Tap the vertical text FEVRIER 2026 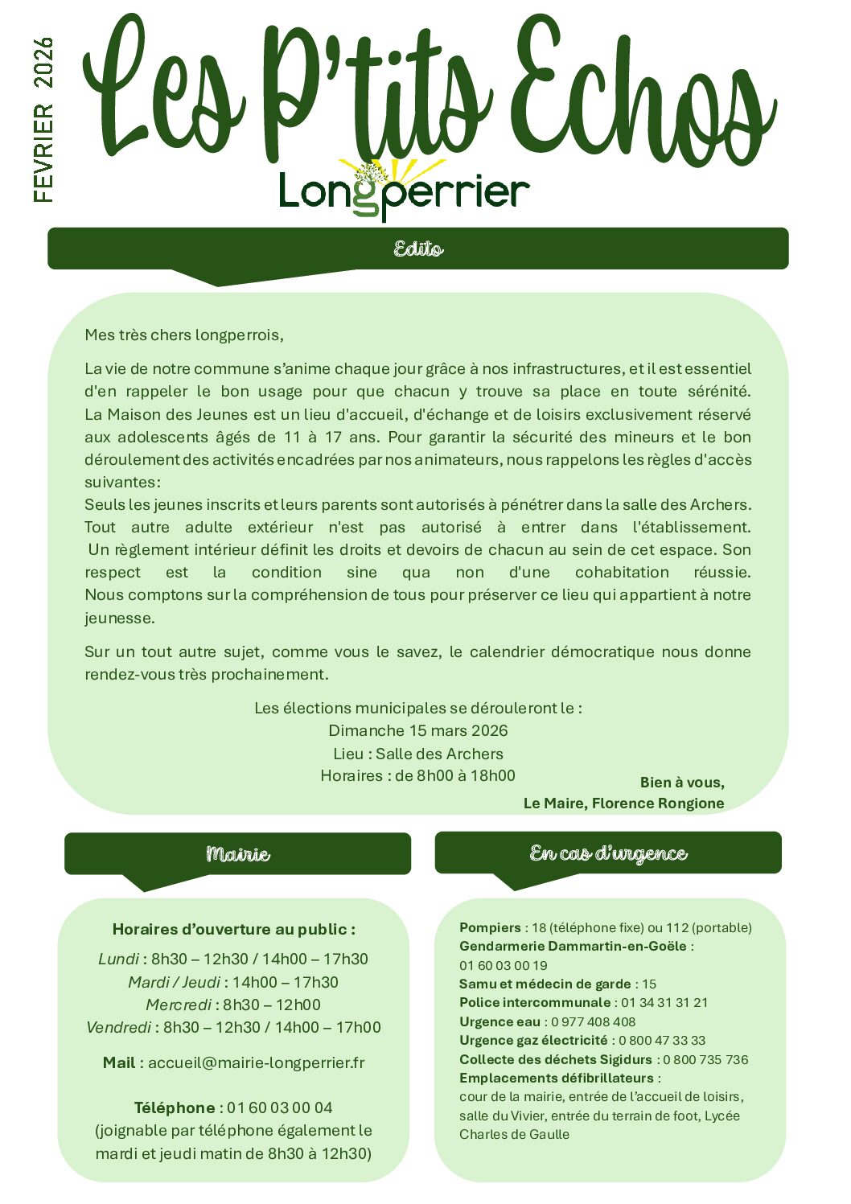tap(43, 120)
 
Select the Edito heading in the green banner tap(418, 249)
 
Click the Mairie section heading tap(237, 853)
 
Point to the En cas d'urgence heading tap(608, 853)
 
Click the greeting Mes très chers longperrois tap(184, 335)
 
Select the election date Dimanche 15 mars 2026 tap(418, 730)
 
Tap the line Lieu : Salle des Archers tap(418, 754)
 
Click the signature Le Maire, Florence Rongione tap(623, 803)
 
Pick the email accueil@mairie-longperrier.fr tap(256, 1062)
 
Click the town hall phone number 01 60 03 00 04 tap(279, 1107)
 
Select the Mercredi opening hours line tap(233, 1005)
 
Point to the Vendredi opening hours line tap(233, 1027)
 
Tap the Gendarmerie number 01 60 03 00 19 tap(503, 965)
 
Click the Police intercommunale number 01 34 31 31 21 tap(664, 1002)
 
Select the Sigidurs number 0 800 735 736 tap(705, 1059)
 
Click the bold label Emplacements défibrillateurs tap(557, 1078)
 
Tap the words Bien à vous tap(682, 782)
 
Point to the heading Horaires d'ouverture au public tap(233, 929)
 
